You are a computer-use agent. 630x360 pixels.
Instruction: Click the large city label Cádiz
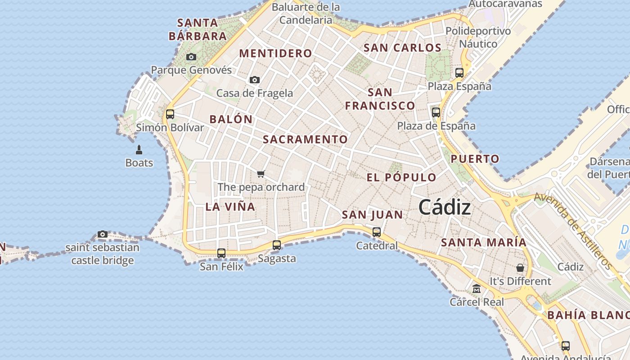445,207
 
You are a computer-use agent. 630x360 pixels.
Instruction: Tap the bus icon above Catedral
377,232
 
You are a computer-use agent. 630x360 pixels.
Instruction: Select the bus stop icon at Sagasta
277,245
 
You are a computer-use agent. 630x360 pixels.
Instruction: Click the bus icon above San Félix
221,253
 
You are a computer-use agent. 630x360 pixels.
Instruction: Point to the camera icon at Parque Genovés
191,57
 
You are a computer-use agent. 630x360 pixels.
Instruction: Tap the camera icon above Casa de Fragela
255,80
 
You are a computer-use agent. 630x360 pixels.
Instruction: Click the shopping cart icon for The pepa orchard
261,174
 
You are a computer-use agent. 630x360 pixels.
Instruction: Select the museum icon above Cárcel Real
477,289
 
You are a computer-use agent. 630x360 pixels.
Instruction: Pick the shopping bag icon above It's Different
520,268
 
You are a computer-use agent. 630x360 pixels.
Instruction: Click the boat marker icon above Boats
139,150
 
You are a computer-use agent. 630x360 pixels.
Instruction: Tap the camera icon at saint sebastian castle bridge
103,234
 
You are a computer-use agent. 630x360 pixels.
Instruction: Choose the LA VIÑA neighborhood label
230,207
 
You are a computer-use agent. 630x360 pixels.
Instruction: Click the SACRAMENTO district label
305,139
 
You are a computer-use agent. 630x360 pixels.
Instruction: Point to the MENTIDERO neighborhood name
275,54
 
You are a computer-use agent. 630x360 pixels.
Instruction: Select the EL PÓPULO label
401,177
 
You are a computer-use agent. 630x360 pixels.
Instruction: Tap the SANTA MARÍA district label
483,243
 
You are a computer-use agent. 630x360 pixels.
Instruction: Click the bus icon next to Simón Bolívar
170,114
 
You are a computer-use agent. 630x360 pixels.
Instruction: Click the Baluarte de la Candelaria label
306,13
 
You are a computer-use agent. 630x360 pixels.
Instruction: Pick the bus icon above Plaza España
459,73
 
